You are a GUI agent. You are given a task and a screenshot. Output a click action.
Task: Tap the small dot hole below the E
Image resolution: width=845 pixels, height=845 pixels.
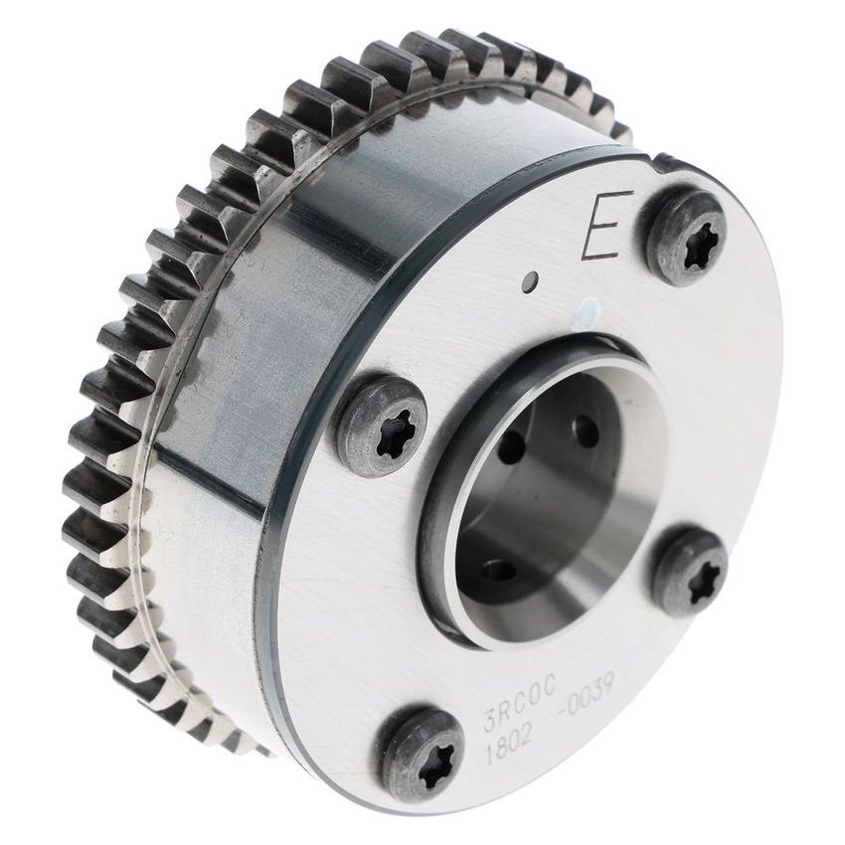533,281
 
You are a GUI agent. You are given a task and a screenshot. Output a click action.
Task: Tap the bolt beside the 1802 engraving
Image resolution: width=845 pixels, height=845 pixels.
422,754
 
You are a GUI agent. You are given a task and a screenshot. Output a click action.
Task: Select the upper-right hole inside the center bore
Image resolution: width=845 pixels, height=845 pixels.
587,430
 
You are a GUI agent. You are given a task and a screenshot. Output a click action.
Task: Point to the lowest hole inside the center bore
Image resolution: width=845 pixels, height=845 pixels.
498,571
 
